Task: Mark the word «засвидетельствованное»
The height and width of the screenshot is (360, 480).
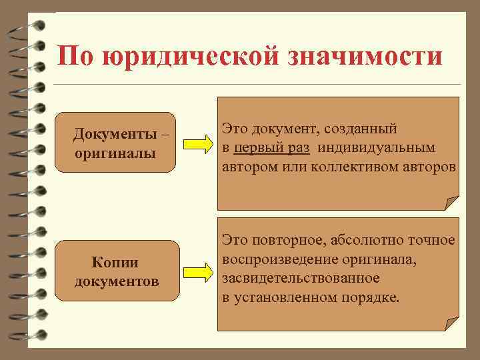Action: pos(301,277)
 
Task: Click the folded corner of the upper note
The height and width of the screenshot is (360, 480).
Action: pos(453,203)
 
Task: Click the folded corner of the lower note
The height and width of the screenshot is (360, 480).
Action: pos(453,323)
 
